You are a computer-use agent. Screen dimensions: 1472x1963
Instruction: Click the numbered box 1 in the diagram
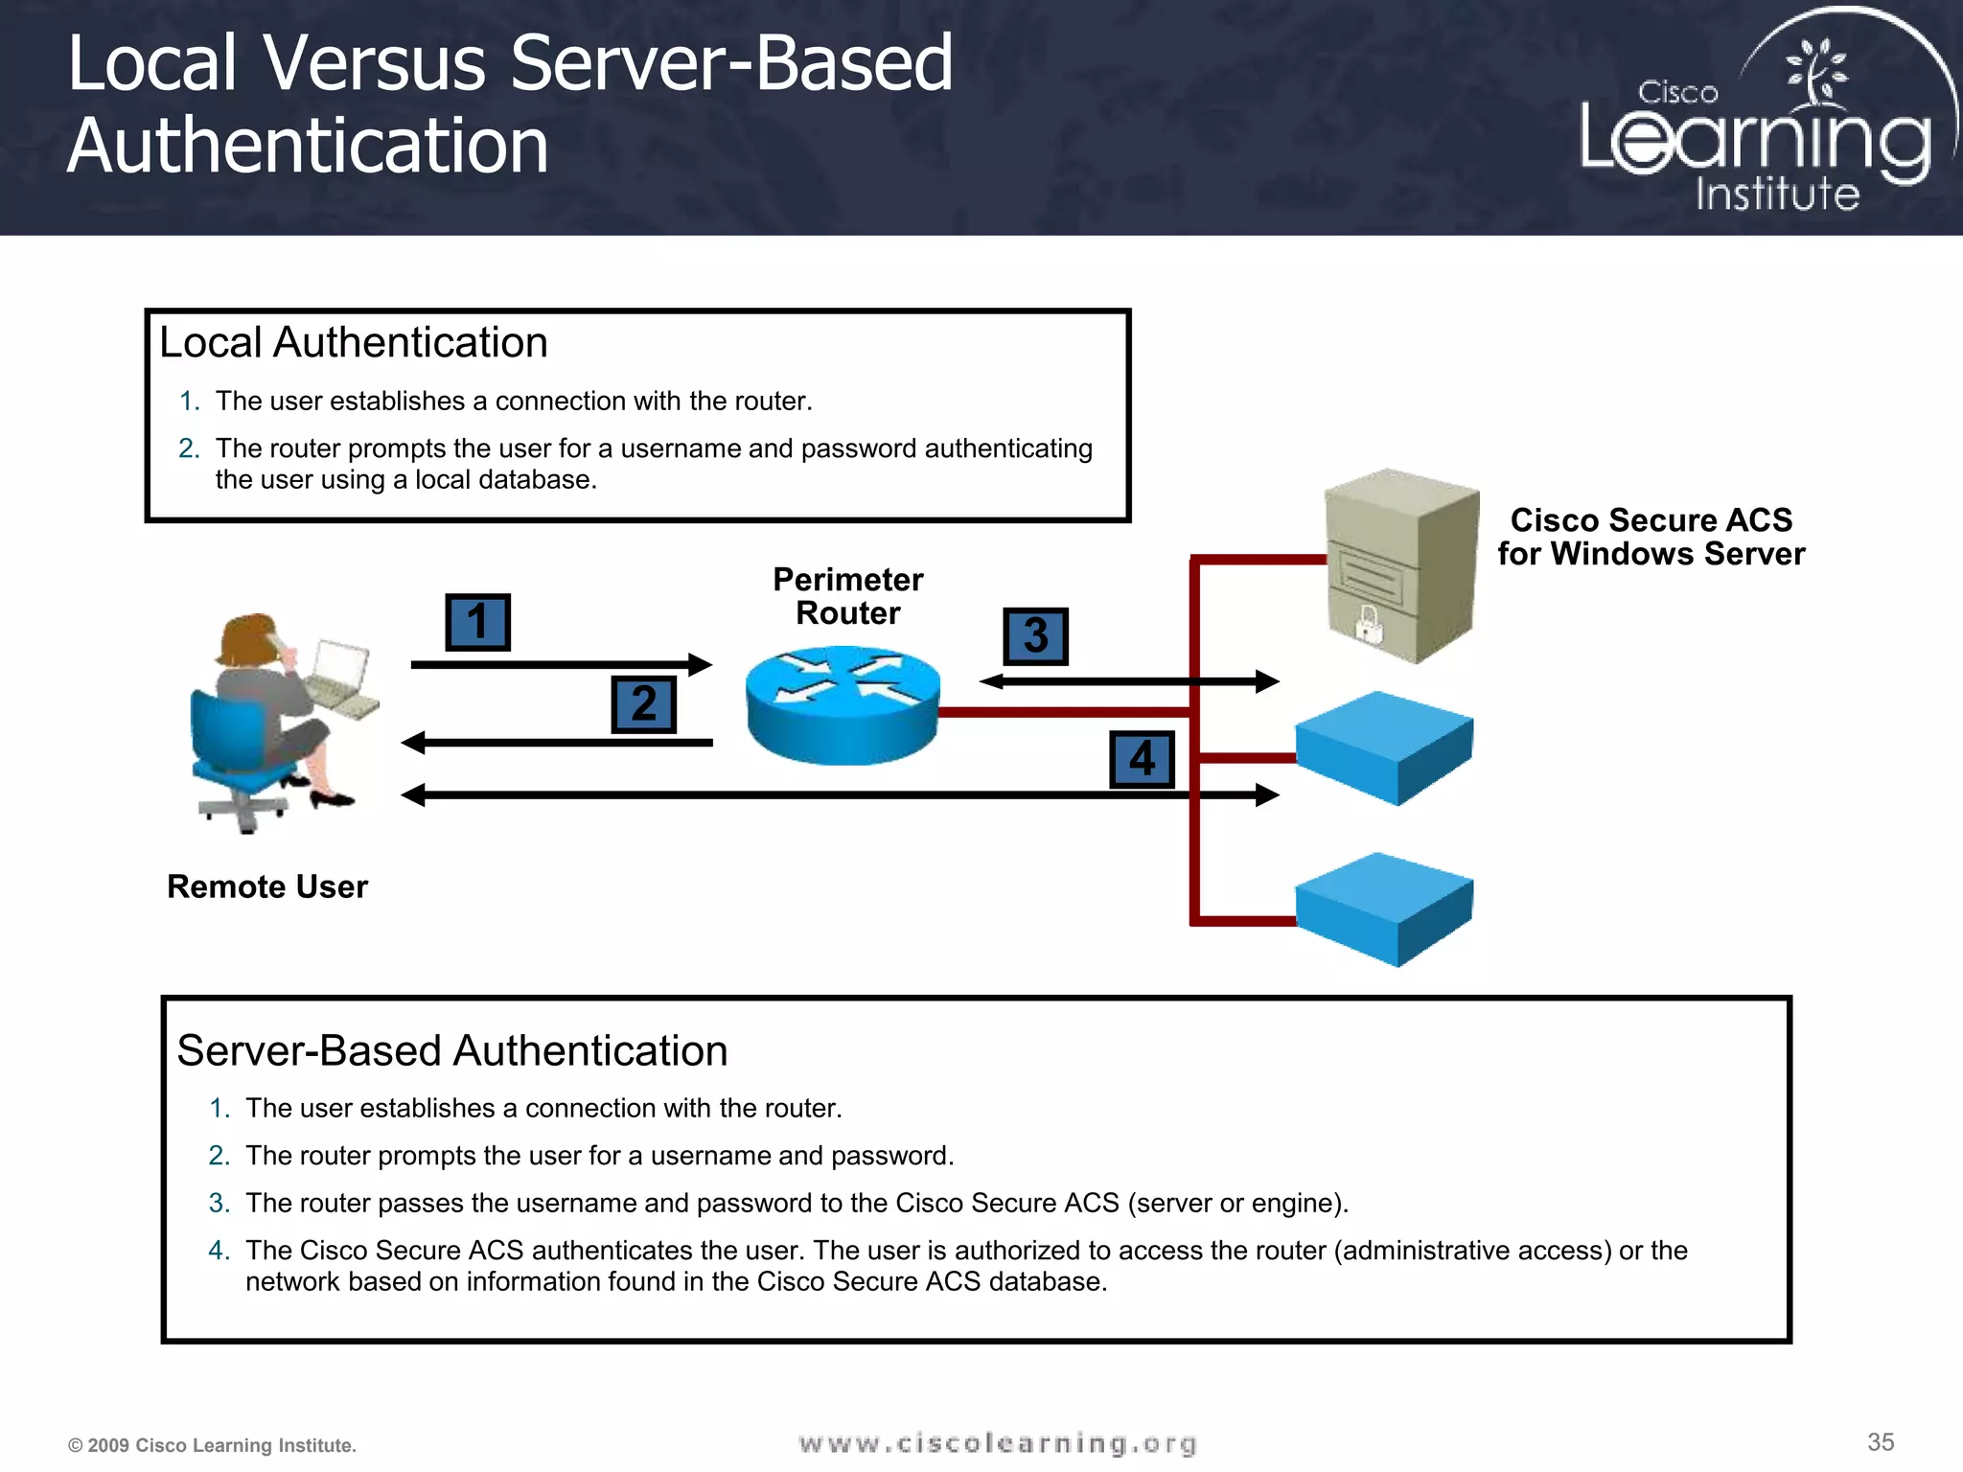pos(477,622)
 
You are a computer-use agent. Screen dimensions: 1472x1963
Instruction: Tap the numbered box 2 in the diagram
pos(643,704)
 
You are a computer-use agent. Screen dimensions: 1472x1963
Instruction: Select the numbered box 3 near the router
pos(1035,636)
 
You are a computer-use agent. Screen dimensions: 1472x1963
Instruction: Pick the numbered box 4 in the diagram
pos(1142,759)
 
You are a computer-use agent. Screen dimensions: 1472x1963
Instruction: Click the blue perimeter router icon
pos(843,704)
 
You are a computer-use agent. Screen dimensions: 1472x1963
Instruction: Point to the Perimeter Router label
pos(847,596)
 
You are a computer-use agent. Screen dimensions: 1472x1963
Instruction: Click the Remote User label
pos(266,886)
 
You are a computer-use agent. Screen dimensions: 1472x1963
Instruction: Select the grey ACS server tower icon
pos(1401,565)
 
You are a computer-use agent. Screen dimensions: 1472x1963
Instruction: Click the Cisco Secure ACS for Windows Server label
pos(1651,537)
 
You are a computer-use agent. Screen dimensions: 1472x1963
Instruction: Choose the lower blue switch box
pos(1383,908)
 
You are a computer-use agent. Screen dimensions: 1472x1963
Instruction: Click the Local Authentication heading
pos(353,342)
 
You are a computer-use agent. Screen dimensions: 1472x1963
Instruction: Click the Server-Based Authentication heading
pos(451,1050)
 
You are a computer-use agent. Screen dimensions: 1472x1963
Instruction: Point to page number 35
pos(1881,1441)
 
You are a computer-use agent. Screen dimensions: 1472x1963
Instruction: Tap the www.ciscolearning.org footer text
pos(997,1443)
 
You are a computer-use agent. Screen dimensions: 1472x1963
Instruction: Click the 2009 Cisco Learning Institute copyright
pos(212,1445)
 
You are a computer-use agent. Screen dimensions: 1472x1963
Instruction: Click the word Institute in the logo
pos(1777,194)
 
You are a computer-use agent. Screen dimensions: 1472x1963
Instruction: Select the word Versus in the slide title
pos(374,63)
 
